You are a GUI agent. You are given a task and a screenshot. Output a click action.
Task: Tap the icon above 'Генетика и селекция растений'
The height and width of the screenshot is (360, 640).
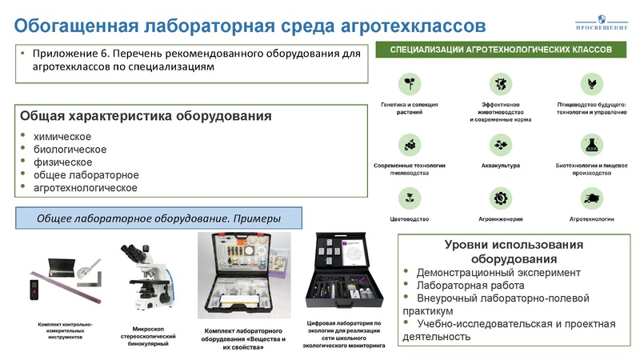click(410, 82)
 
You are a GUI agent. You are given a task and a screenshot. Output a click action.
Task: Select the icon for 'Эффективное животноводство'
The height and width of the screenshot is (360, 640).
click(501, 82)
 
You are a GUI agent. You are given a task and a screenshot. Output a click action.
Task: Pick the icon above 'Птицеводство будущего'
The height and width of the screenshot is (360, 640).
click(592, 82)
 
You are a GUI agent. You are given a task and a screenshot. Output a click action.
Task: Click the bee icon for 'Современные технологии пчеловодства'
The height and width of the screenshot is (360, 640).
click(410, 144)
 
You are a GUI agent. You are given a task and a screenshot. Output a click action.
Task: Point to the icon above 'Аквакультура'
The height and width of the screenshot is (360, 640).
click(501, 144)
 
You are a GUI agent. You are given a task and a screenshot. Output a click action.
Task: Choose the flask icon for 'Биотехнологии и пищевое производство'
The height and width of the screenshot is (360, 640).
click(592, 144)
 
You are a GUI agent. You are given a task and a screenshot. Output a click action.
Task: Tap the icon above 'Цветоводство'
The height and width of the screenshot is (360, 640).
click(410, 197)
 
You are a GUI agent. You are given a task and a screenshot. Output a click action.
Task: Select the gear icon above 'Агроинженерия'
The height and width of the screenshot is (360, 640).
click(501, 197)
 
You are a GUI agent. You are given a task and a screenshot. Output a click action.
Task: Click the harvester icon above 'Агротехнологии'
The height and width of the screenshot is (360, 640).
click(592, 197)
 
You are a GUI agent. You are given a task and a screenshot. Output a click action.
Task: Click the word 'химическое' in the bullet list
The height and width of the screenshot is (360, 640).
click(62, 137)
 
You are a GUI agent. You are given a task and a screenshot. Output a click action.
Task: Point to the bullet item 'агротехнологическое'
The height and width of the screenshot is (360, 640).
click(86, 188)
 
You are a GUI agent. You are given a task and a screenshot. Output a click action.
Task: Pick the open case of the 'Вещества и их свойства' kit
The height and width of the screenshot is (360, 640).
click(244, 276)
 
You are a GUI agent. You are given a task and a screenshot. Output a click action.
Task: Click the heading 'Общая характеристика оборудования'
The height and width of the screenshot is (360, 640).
click(146, 116)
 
